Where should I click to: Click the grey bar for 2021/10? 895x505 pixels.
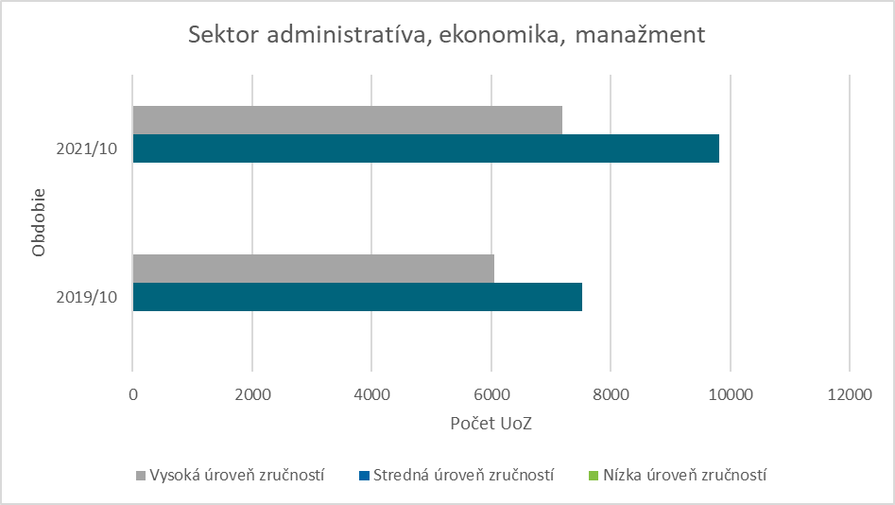coord(347,120)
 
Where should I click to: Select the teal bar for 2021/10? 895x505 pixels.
coord(425,148)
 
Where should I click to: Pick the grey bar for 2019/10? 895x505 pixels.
coord(313,269)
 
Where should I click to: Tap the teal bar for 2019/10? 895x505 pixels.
coord(357,297)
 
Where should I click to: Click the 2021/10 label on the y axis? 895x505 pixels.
coord(86,148)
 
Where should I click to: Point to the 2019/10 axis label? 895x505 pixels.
coord(86,297)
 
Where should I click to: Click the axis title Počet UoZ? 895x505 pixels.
coord(491,423)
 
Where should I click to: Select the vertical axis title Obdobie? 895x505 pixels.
coord(40,223)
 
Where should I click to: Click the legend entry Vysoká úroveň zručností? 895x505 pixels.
coord(237,475)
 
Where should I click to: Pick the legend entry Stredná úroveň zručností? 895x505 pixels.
coord(463,475)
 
